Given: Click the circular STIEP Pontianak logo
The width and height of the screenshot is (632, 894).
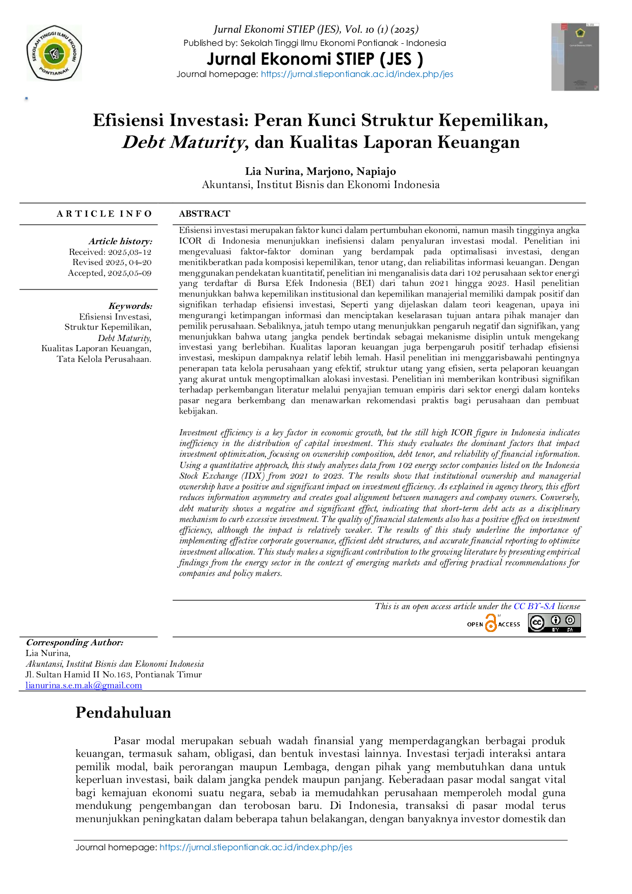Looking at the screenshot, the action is coord(54,53).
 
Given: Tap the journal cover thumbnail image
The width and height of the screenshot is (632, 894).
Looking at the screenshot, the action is coord(575,57).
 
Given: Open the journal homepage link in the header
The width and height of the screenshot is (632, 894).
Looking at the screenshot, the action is coord(357,74).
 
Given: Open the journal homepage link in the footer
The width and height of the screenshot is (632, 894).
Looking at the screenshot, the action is coord(256,847).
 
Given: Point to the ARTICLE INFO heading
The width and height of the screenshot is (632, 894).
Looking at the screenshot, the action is coord(104,214).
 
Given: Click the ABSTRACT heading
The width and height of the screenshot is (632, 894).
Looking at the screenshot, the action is coord(204,214).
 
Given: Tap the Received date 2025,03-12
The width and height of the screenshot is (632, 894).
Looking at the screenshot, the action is coord(129,252).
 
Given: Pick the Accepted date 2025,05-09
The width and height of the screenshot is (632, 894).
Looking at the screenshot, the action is coord(129,273).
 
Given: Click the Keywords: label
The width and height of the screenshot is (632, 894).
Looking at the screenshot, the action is coord(130,306).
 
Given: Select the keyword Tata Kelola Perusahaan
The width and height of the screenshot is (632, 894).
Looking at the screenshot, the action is coord(104,359).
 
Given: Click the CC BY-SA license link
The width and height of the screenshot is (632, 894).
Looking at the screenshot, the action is coord(534,607).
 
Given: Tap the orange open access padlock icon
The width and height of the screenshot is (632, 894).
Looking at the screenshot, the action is coord(491,623).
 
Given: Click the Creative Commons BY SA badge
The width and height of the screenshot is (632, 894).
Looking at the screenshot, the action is coord(554,623).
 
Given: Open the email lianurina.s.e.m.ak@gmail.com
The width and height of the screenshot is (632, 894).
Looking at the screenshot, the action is coord(84,686).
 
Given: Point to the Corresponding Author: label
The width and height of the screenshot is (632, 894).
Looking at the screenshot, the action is coord(74,643).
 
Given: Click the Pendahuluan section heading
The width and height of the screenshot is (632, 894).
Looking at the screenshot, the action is coord(123,713).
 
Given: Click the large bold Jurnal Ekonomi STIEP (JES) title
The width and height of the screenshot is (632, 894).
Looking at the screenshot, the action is coord(315,59).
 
